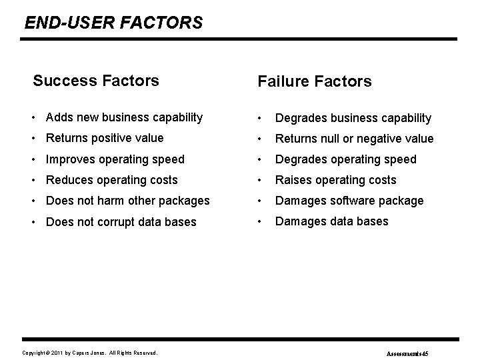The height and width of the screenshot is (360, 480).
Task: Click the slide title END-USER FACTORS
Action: (113, 23)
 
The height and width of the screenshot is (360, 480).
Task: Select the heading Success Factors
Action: (96, 81)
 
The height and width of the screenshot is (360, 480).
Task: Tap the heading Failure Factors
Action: (314, 82)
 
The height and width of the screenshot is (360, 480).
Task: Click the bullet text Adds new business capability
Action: (124, 118)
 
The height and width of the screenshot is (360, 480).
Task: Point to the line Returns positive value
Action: (105, 139)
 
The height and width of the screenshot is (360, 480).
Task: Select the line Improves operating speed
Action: (115, 159)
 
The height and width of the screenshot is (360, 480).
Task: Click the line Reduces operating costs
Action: (111, 180)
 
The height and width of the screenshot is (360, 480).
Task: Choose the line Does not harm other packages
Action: (127, 201)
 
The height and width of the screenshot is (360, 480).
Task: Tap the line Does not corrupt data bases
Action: (121, 221)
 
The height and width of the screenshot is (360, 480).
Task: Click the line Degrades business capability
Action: (353, 118)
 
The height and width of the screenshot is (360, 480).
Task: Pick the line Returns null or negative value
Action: (354, 139)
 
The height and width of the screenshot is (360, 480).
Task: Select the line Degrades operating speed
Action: (345, 159)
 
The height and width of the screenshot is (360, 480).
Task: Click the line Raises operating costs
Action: (335, 180)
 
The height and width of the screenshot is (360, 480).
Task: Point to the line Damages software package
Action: (349, 201)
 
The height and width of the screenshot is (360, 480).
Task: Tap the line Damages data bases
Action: (331, 221)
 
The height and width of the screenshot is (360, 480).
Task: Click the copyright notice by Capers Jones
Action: (90, 352)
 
